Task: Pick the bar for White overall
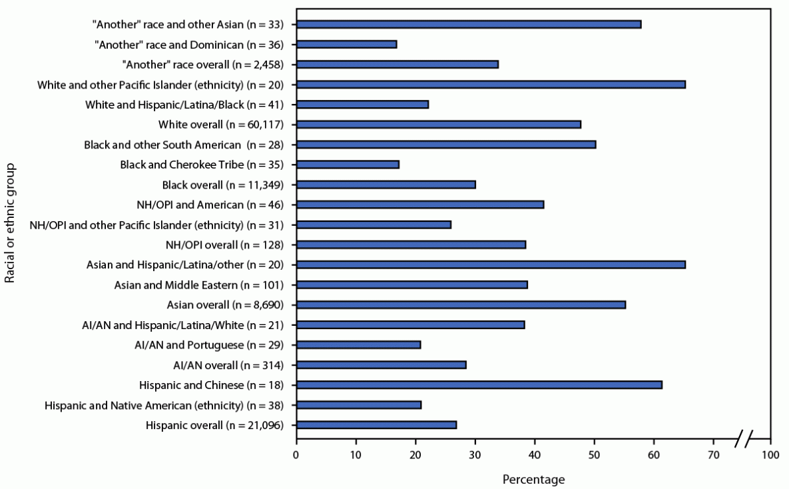pos(438,124)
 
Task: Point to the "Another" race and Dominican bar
pos(346,44)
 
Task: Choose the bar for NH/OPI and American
pos(419,204)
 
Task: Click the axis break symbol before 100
pos(744,440)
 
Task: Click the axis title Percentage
pos(533,479)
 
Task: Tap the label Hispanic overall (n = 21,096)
pos(212,424)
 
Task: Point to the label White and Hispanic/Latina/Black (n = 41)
pos(184,104)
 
